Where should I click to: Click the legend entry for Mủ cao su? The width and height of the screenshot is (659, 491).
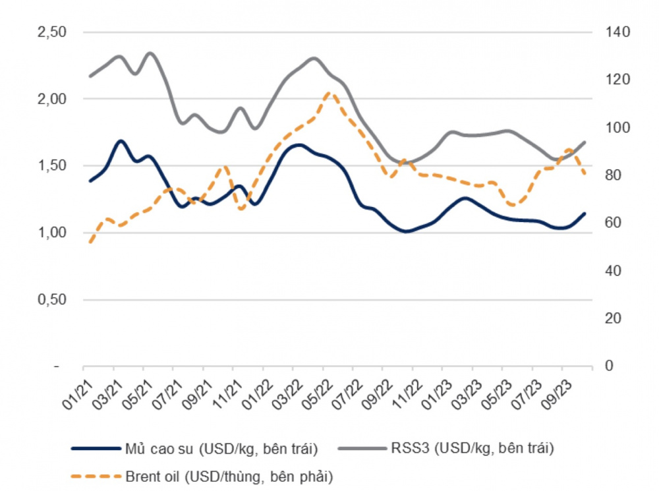point(194,449)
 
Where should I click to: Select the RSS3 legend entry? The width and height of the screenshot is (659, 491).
point(446,448)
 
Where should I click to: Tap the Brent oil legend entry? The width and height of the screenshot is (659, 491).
point(202,477)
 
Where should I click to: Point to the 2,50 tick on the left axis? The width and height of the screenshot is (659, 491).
point(52,32)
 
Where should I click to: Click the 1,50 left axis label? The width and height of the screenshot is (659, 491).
point(52,165)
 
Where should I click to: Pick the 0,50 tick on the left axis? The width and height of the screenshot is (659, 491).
point(52,299)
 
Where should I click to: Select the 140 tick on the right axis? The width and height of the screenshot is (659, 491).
point(617,32)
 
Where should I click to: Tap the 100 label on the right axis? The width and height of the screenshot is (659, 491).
point(617,127)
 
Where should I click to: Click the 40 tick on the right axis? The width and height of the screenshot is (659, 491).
point(613,270)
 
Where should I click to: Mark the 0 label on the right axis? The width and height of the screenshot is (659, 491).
point(609,366)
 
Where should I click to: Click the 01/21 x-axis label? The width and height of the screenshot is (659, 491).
point(78,394)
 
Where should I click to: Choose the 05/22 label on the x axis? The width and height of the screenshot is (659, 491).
point(318,394)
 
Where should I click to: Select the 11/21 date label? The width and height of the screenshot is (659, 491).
point(228,394)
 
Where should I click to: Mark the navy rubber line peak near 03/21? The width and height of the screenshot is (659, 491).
point(121,141)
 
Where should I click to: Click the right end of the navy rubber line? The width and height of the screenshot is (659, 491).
point(585,214)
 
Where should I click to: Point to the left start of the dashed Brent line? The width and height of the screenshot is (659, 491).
point(90,242)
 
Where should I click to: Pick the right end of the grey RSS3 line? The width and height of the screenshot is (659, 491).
point(585,142)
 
